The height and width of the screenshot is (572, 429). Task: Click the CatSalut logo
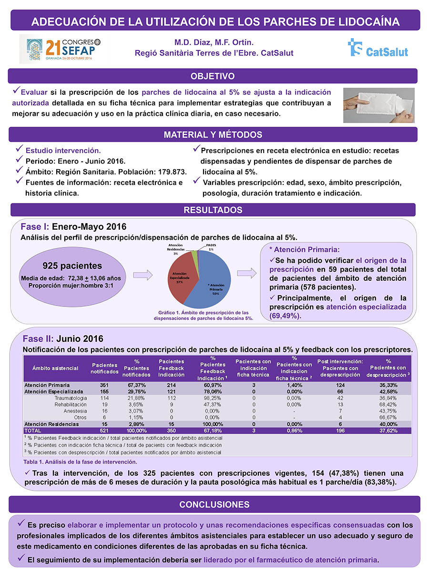(378, 48)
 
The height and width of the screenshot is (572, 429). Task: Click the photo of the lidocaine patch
(379, 105)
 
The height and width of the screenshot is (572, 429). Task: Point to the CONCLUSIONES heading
(214, 504)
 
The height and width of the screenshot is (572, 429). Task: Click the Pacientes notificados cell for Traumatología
(101, 398)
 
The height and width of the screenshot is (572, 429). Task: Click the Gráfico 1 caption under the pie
(206, 316)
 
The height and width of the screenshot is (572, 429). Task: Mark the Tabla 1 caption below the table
(80, 462)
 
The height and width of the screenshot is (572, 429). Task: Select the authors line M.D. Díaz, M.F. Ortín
(214, 42)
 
